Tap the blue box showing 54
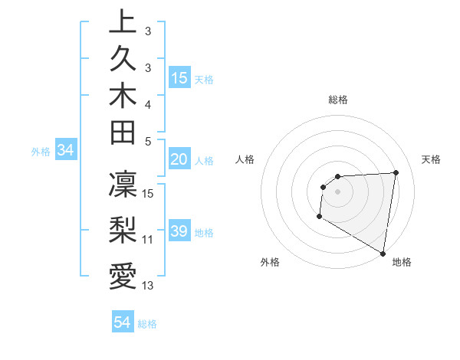coord(122,322)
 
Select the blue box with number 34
coord(65,151)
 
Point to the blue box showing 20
coord(179,160)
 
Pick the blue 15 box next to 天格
coord(179,78)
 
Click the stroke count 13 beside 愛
coord(148,286)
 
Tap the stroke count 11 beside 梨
coord(148,239)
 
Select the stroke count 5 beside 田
coord(148,141)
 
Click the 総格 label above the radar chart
coord(337,100)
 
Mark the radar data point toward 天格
coord(396,172)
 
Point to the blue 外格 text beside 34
coord(40,152)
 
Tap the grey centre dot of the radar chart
coord(337,191)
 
